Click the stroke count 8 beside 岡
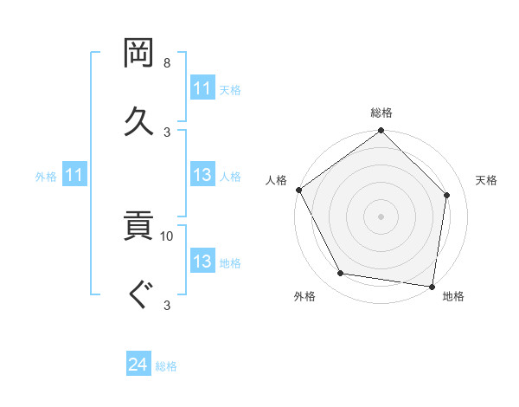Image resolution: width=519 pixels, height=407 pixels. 167,64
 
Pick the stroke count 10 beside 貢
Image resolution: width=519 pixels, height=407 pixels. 167,236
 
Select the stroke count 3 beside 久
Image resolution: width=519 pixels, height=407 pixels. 167,131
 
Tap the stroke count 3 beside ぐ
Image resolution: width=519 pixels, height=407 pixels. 167,304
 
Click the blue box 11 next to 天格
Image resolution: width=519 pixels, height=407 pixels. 202,88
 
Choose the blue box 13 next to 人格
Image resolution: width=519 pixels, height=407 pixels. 202,175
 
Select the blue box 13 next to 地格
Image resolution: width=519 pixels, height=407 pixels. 202,262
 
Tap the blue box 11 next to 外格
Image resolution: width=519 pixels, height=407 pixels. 74,175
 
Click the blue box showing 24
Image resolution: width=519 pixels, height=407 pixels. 138,365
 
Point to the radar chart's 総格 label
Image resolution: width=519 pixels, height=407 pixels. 381,113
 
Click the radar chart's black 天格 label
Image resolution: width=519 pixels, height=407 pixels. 486,180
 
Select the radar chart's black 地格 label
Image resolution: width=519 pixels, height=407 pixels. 453,297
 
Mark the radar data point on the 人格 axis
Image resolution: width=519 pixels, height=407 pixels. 298,190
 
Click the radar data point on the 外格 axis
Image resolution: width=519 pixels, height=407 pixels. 341,274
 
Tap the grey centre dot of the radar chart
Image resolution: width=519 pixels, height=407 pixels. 381,216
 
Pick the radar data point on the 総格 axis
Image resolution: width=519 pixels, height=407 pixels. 381,132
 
